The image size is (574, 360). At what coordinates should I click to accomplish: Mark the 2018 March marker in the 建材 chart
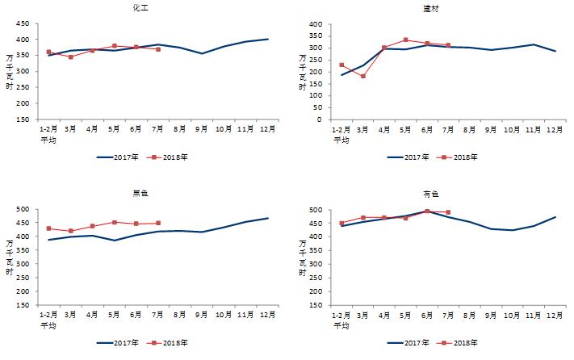pos(363,76)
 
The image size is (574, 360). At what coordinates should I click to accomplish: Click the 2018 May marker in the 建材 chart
pos(405,40)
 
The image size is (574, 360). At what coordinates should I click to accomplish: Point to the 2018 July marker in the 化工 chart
pos(158,49)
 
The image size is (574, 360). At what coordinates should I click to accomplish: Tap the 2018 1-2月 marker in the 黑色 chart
pos(48,228)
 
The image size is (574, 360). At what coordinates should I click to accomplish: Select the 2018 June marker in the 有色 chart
pos(427,211)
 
